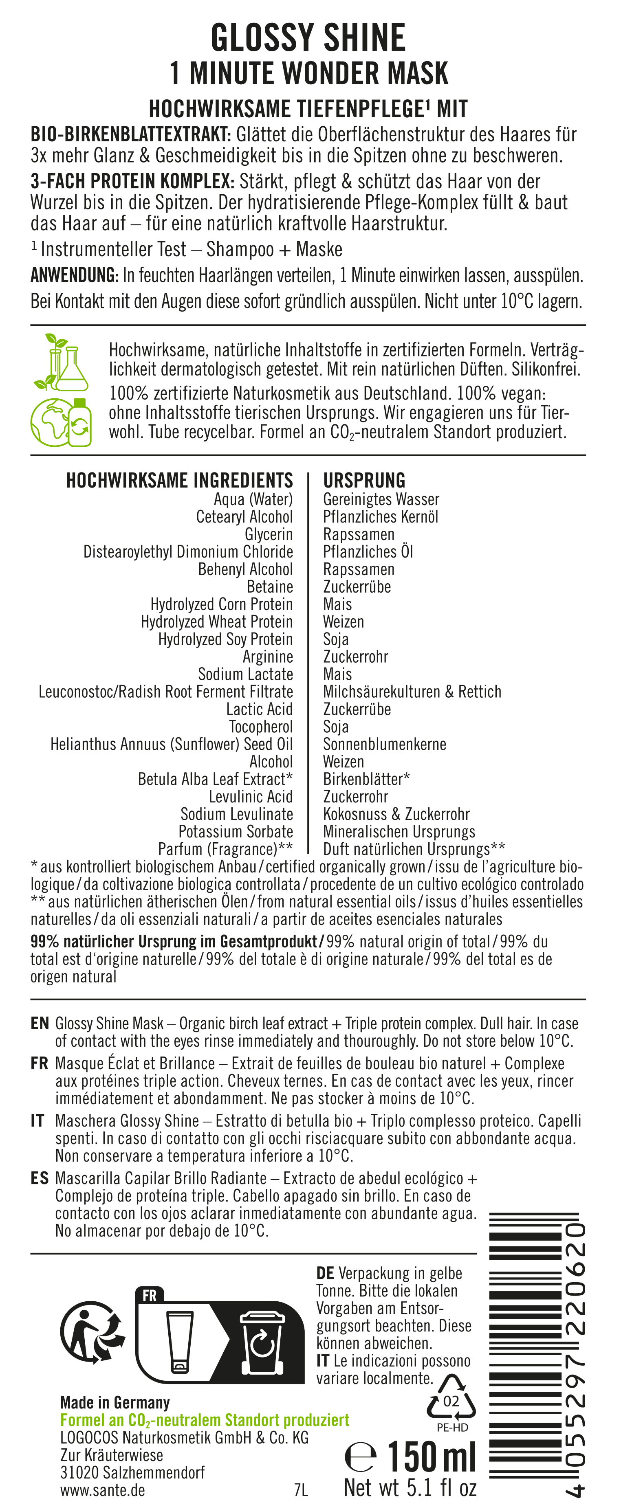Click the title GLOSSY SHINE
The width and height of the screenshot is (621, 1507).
tap(308, 39)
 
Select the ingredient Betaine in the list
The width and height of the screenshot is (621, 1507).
tap(269, 587)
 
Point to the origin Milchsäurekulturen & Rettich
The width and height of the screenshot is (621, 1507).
tap(412, 692)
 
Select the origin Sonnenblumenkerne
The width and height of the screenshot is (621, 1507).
tap(385, 744)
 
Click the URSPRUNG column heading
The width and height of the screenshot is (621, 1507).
tap(364, 480)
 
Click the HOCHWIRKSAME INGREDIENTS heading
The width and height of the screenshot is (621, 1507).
tap(179, 480)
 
